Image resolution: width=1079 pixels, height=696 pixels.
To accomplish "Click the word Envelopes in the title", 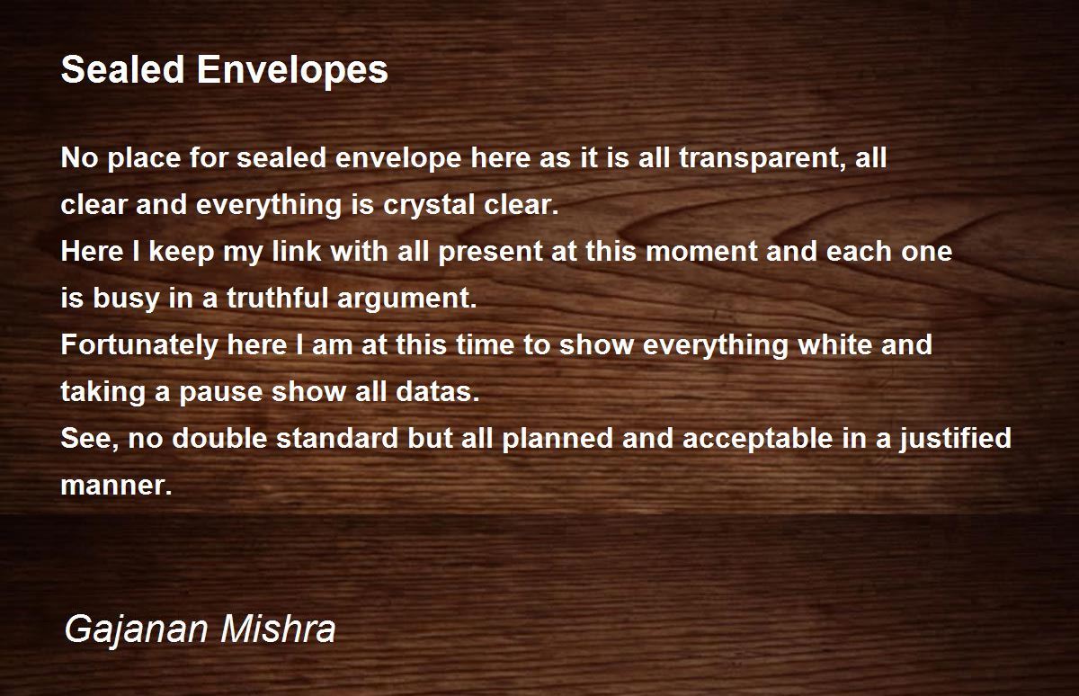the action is [x=292, y=71].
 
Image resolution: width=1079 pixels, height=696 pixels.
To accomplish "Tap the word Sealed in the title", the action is [x=123, y=69].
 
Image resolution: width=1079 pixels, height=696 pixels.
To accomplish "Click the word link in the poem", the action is [x=296, y=251].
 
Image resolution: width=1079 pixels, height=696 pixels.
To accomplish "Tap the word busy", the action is [x=126, y=299].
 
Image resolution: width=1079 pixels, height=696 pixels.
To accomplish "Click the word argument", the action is [x=407, y=299].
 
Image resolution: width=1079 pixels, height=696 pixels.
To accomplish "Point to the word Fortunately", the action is [x=139, y=345].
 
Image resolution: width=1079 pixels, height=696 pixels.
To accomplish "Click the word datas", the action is [x=438, y=391].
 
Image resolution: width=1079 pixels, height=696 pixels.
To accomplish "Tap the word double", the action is [x=219, y=438].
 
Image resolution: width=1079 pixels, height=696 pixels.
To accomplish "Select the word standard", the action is [x=337, y=438].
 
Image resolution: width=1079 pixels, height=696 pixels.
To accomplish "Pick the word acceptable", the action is [x=758, y=439].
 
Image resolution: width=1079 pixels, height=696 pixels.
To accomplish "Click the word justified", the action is [x=955, y=439].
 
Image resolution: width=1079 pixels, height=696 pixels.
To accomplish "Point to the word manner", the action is [x=116, y=486].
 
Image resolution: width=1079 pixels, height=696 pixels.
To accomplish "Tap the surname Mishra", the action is [x=279, y=628].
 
